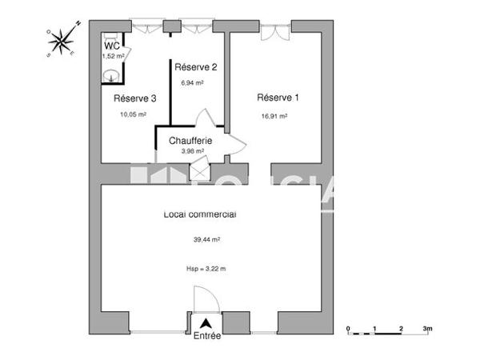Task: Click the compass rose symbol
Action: coord(62,39)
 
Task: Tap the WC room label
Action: coord(111,46)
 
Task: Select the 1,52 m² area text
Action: coord(113,56)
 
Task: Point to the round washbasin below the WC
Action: coord(112,75)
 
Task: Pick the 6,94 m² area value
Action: coord(192,82)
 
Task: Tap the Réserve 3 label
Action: coord(134,98)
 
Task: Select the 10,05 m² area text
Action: coord(133,114)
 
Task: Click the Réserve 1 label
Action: coord(278,98)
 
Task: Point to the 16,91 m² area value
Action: coord(274,115)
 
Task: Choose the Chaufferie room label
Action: coord(190,141)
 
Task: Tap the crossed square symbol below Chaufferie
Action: coord(198,171)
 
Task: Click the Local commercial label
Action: coord(199,214)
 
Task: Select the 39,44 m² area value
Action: coord(206,239)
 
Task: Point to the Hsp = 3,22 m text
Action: coord(206,269)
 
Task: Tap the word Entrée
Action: coord(207,337)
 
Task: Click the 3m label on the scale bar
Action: coord(428,329)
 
